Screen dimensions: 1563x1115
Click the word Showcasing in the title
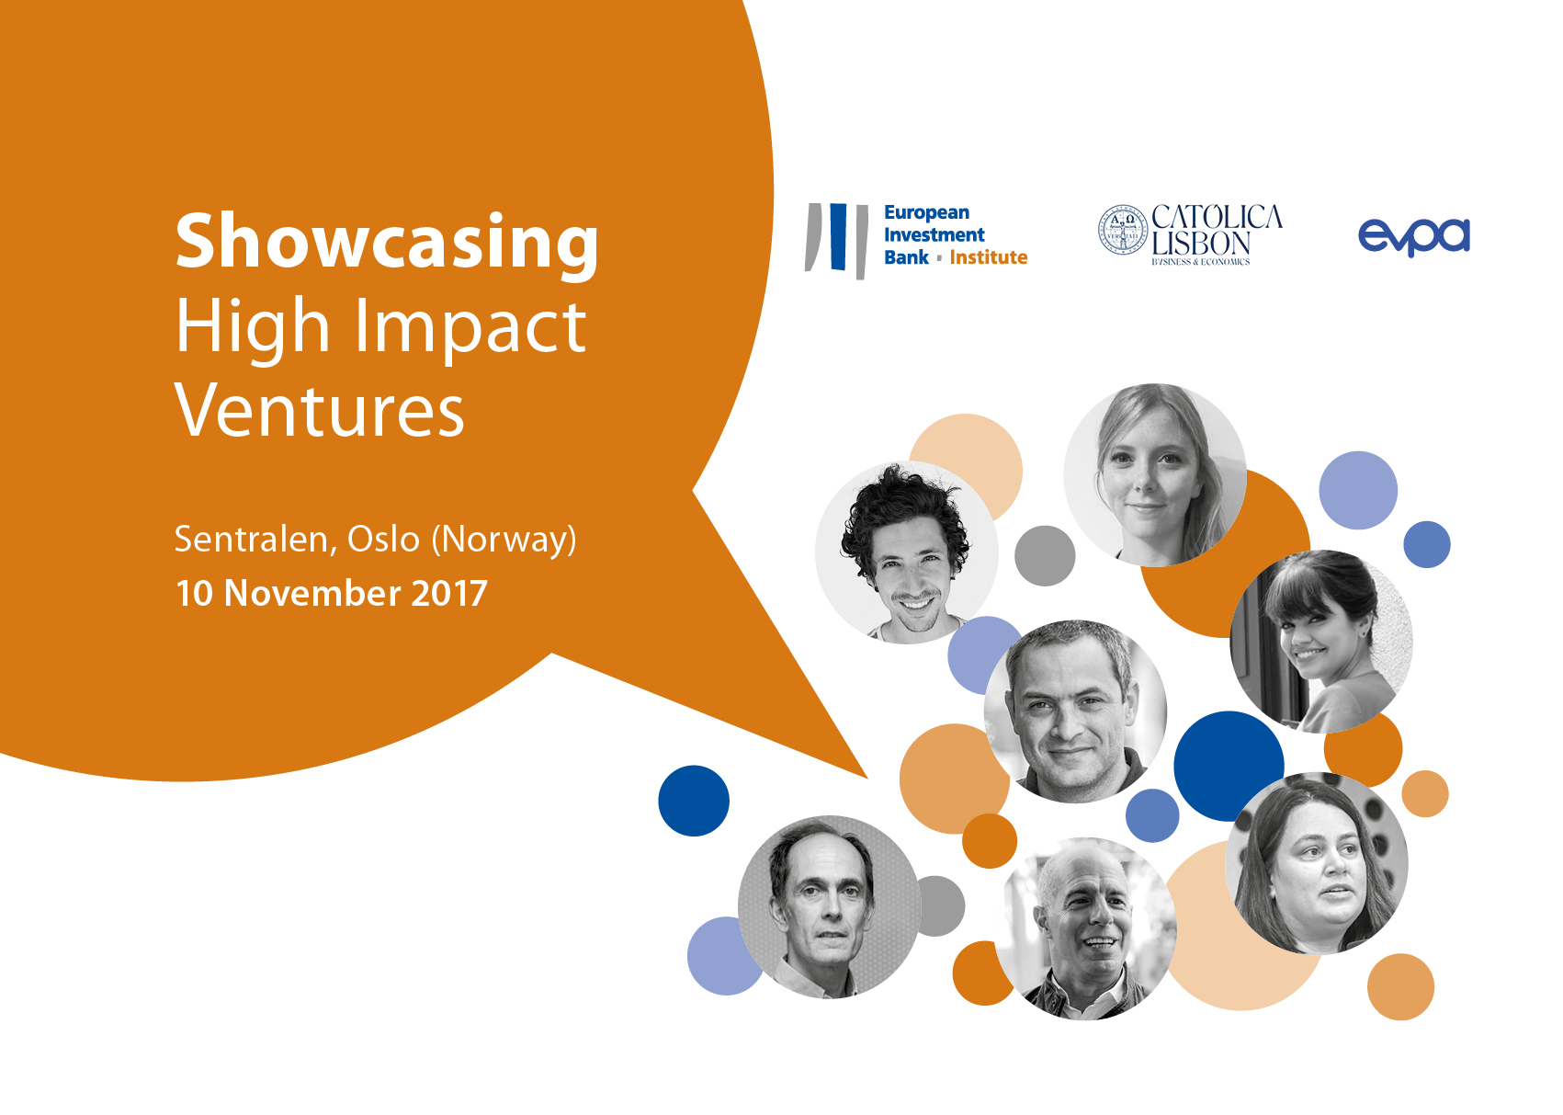click(387, 244)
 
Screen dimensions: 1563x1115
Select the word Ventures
click(319, 410)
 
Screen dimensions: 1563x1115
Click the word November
click(312, 594)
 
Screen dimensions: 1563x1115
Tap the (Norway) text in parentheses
click(504, 540)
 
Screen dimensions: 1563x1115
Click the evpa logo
click(1413, 237)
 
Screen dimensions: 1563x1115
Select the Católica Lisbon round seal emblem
click(1123, 230)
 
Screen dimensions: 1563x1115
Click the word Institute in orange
click(988, 257)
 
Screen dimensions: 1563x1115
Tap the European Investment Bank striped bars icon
click(836, 240)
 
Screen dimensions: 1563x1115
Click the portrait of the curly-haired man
click(906, 552)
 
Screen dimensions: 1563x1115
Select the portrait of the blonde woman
click(1155, 474)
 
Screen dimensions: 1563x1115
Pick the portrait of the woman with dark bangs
click(1320, 641)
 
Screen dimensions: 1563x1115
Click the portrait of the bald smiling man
click(1085, 928)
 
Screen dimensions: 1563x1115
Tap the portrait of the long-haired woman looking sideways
click(1317, 863)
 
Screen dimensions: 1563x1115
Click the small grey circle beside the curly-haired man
click(1045, 556)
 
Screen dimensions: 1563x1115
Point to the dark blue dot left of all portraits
click(694, 801)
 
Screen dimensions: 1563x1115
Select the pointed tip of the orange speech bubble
click(866, 778)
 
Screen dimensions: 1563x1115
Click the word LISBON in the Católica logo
click(1201, 244)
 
